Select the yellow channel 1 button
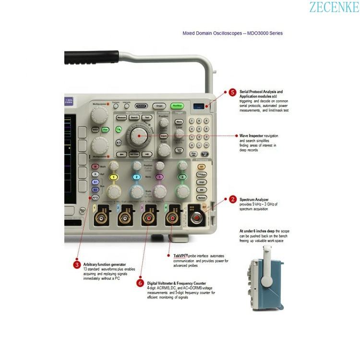pos(114,177)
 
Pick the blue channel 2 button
pos(137,177)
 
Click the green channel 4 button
pos(182,177)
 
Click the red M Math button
pos(96,167)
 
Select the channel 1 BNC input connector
pos(101,219)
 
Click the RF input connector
pos(197,219)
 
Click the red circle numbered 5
pos(232,92)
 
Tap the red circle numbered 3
pos(77,264)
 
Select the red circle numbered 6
pos(140,283)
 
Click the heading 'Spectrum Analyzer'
pos(254,199)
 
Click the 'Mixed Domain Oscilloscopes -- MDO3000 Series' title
pos(232,33)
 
